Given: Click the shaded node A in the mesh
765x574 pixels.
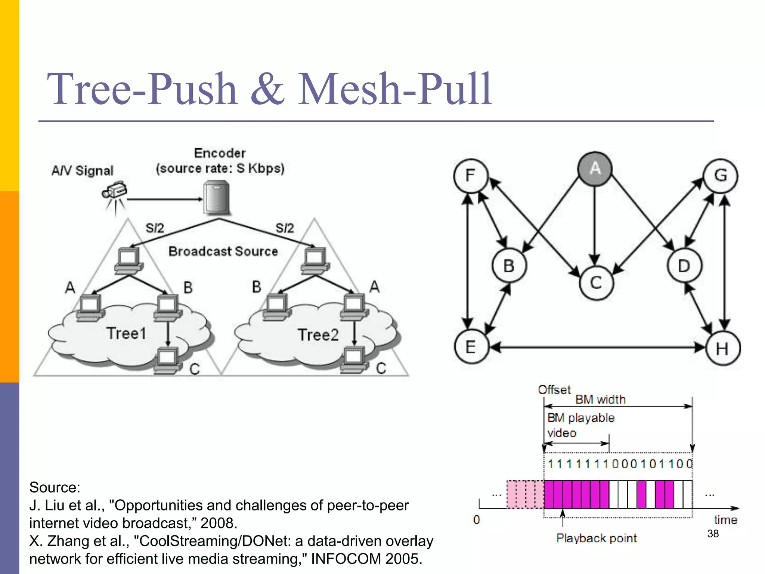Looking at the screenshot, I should (595, 169).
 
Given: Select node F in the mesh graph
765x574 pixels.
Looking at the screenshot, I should (471, 176).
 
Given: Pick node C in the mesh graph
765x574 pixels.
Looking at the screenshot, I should (596, 283).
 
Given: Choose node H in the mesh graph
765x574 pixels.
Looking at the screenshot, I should (722, 348).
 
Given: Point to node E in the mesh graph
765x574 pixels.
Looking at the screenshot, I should (471, 347).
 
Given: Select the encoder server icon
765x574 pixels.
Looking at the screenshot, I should (217, 197).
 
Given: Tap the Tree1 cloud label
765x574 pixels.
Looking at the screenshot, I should (126, 333).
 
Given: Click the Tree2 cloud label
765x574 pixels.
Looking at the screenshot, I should (318, 335).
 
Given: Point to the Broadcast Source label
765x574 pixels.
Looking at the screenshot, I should (223, 251).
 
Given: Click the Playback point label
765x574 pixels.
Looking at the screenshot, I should (596, 538).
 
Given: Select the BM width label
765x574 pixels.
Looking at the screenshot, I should (600, 399).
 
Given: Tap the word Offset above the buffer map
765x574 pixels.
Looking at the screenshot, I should (554, 390).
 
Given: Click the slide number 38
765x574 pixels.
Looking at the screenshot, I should (713, 534).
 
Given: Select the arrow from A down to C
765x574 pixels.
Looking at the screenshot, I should (595, 224).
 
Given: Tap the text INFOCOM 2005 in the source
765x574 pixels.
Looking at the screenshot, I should (366, 559).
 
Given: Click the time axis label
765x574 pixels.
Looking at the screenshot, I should (725, 520).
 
